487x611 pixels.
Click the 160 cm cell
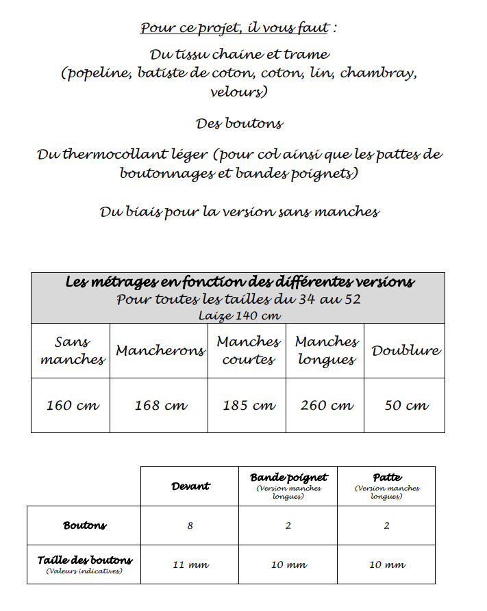click(x=72, y=405)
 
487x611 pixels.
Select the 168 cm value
click(x=160, y=405)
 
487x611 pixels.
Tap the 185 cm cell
click(x=248, y=405)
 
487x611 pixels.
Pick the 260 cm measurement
click(x=326, y=405)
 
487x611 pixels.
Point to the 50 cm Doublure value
click(x=406, y=405)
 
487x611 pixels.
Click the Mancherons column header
click(x=160, y=350)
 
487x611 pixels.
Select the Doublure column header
click(x=405, y=350)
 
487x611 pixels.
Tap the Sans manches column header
click(x=72, y=350)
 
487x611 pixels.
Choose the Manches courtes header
click(x=248, y=350)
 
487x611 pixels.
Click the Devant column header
click(x=190, y=486)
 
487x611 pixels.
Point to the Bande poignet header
click(x=288, y=478)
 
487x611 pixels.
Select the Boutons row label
click(x=85, y=525)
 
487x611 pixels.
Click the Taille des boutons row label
click(x=85, y=560)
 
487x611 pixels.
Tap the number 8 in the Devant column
click(x=190, y=525)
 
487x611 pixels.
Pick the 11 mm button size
click(x=190, y=565)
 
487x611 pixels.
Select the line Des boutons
click(x=239, y=123)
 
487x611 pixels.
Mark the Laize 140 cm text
click(x=239, y=315)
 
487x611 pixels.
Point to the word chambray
click(x=377, y=73)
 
